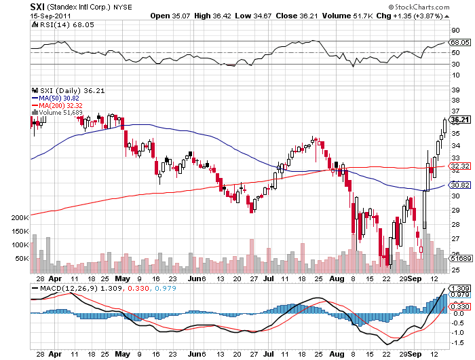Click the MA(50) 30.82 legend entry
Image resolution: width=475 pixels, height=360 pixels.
point(56,98)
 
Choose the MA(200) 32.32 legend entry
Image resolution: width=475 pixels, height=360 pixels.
point(57,106)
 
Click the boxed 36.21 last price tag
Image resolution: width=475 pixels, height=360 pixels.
point(460,120)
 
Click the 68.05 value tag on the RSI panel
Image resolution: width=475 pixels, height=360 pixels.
point(460,42)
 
